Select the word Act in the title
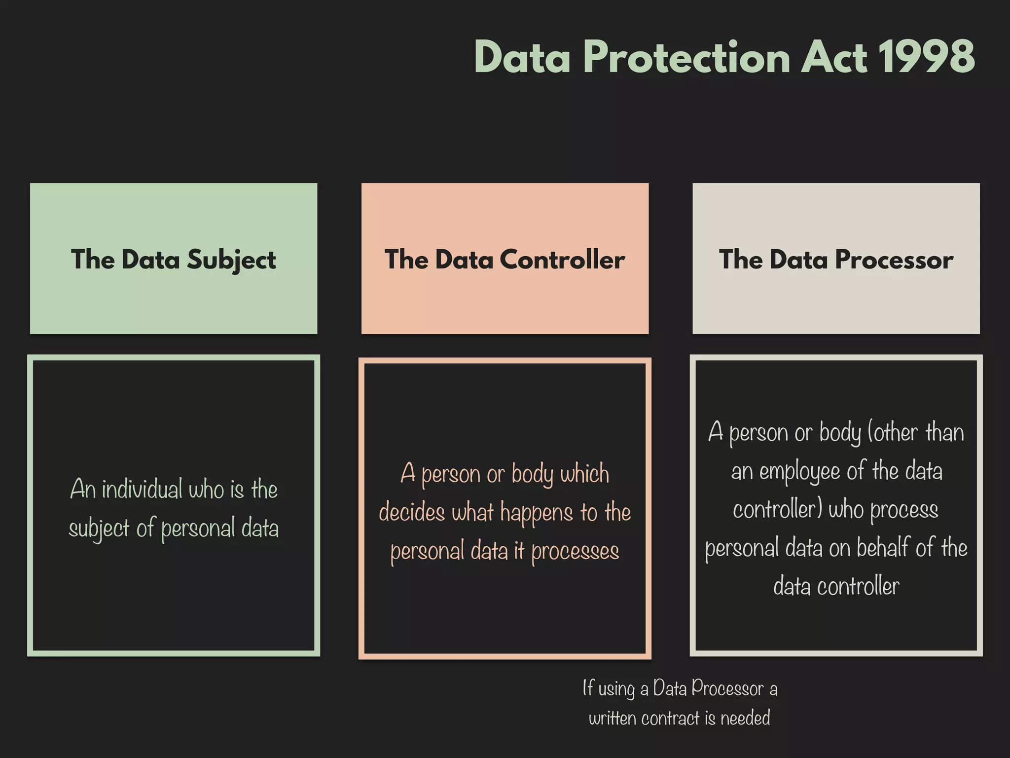coord(833,57)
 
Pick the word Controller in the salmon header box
coord(562,260)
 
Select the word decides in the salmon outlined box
coord(412,512)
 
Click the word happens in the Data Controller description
coord(537,513)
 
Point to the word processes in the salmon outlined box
coord(575,552)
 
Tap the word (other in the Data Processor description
coord(893,432)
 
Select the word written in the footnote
coord(613,718)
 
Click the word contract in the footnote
coord(671,718)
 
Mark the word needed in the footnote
coord(745,718)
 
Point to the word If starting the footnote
coord(588,687)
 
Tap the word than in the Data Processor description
coord(944,432)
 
